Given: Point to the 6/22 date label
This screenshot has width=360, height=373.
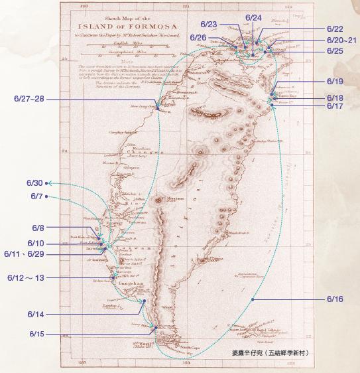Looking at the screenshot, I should (335, 29).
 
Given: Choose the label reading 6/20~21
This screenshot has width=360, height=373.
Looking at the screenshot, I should (341, 40).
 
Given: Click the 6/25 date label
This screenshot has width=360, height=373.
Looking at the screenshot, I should (335, 51).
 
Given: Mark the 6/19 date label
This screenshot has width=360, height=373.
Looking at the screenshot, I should (335, 82).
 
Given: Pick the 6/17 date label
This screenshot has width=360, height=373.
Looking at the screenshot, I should (335, 106).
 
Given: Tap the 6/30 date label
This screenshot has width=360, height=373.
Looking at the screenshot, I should (34, 183).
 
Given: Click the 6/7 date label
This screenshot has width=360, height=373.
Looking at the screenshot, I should (36, 196).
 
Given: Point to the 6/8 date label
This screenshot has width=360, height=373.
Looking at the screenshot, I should (36, 227).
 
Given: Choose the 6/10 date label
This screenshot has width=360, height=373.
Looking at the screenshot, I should (36, 243).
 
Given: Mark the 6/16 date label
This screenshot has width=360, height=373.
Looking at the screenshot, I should (335, 299).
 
